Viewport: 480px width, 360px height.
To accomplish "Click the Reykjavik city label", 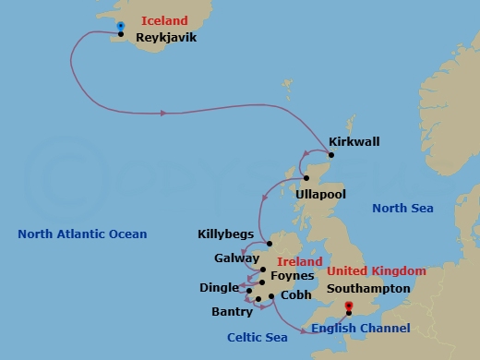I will pos(165,39).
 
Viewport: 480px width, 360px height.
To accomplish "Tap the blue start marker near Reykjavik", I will pos(122,26).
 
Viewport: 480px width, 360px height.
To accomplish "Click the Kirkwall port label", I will pos(354,142).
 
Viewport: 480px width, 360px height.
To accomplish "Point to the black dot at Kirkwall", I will pos(332,154).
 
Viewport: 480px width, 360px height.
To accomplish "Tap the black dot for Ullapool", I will pos(306,178).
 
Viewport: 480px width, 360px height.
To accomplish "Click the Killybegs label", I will pos(225,234).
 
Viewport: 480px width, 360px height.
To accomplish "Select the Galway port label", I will pos(236,259).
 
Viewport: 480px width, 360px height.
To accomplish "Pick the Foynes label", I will pos(294,275).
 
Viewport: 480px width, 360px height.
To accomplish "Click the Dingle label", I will pos(219,288).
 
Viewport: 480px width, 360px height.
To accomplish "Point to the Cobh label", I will pos(295,295).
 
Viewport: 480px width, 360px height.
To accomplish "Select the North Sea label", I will pos(402,209).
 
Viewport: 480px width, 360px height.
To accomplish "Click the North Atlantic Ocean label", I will pos(82,234).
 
